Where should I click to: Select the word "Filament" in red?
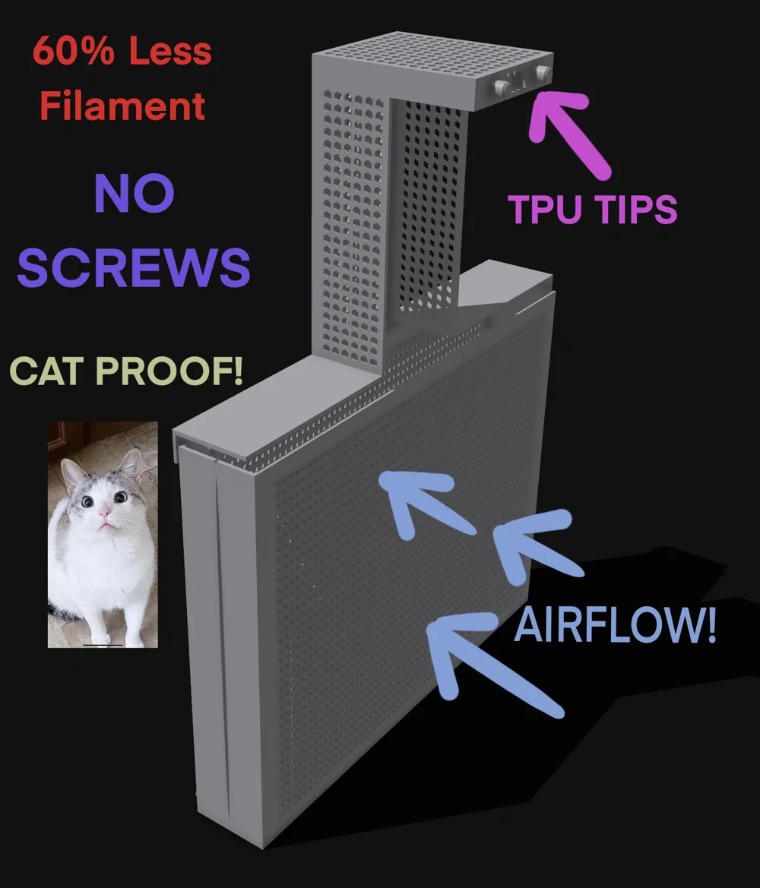point(122,106)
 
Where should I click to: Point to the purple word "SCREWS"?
point(134,267)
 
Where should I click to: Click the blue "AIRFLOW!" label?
point(615,628)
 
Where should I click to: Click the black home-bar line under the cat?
point(103,644)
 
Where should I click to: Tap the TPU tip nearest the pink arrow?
point(543,73)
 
